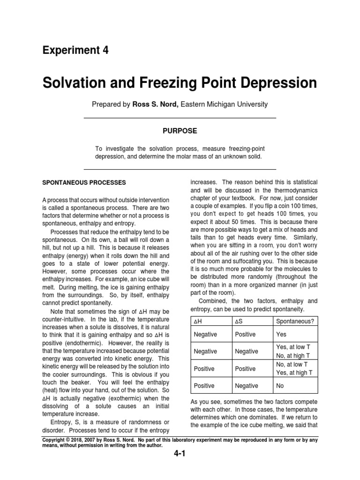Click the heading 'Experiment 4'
(x=75, y=50)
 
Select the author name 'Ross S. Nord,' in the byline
(x=155, y=104)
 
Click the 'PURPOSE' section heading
(x=180, y=130)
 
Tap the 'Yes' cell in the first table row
(x=281, y=335)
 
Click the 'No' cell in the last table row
(x=280, y=386)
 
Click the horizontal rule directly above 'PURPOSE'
(x=180, y=118)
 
